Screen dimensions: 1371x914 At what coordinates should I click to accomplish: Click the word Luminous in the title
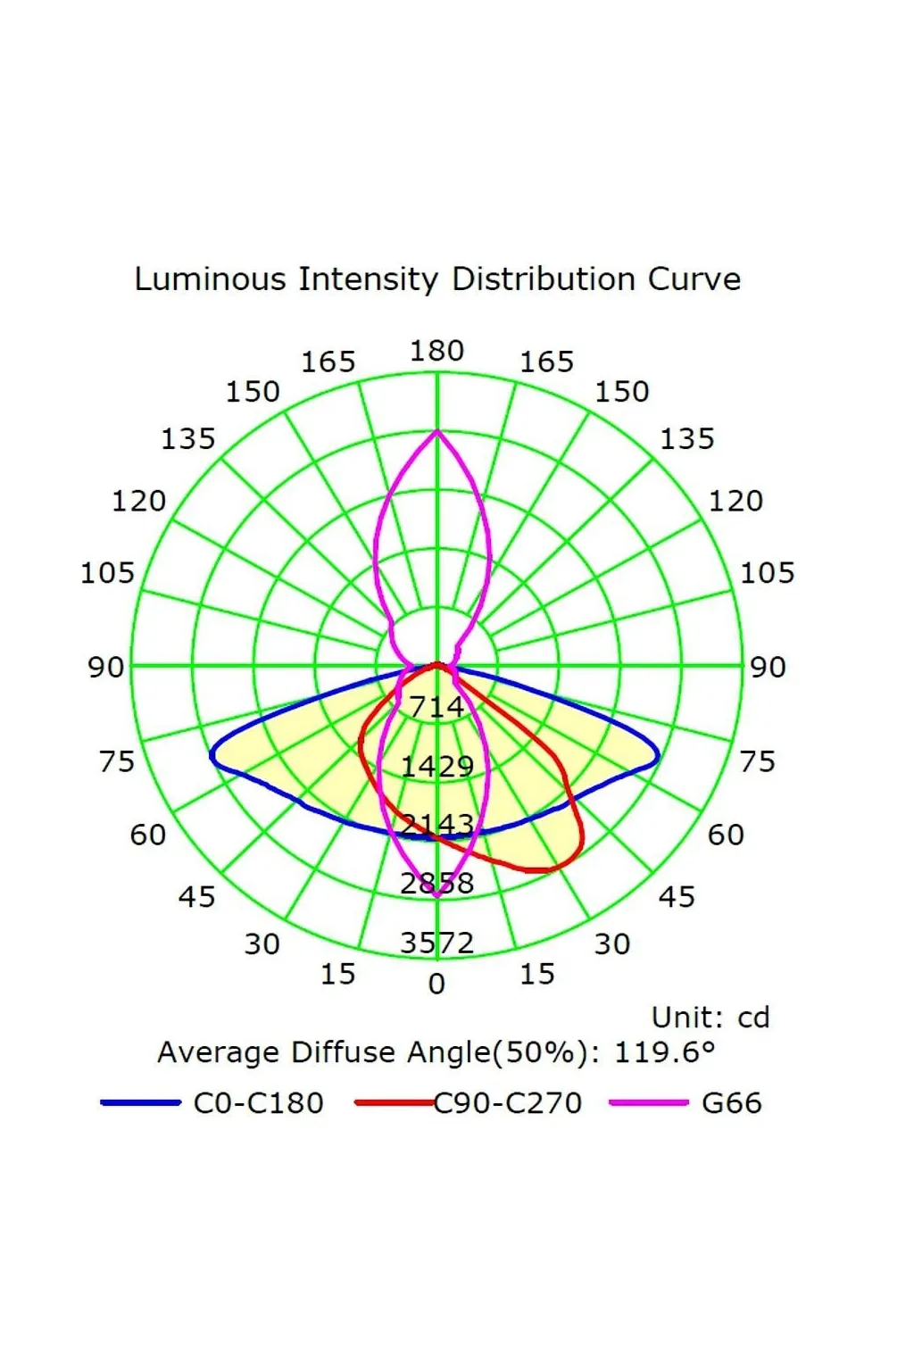click(211, 279)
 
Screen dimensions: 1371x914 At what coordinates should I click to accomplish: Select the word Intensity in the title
click(368, 280)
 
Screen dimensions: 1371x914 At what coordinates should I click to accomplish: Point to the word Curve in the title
click(694, 279)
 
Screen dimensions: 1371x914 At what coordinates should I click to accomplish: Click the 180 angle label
click(436, 351)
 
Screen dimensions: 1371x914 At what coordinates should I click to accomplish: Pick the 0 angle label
click(436, 985)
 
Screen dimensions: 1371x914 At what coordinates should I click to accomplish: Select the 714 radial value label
click(436, 707)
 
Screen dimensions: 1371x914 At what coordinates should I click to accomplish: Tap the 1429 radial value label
click(436, 766)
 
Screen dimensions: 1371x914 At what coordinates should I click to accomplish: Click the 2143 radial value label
click(436, 824)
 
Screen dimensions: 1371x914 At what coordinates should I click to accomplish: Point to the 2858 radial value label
click(436, 884)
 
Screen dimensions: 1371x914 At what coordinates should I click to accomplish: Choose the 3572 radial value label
click(436, 943)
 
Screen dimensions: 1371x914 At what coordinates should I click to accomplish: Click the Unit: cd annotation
click(710, 1018)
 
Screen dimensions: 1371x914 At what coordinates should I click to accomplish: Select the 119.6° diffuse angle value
click(665, 1052)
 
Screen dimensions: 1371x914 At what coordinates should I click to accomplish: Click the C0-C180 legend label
click(258, 1103)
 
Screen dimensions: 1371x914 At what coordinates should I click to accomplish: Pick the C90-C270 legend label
click(508, 1103)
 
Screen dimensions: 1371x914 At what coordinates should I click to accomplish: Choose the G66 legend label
click(732, 1103)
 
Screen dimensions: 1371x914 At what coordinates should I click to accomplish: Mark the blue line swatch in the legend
click(141, 1103)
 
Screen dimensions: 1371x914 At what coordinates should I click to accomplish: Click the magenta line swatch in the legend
click(649, 1103)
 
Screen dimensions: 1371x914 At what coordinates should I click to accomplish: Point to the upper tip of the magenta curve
click(436, 431)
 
